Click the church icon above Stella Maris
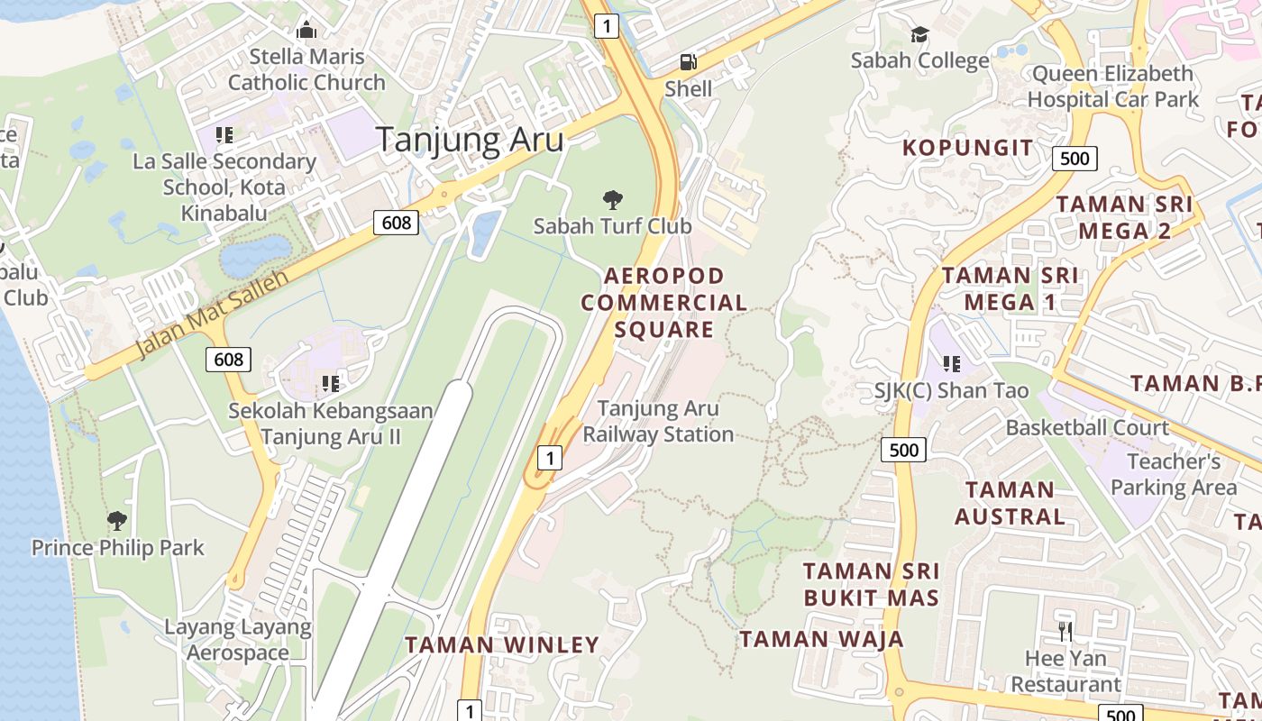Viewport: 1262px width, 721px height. [306, 30]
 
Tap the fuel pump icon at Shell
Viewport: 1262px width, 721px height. [688, 62]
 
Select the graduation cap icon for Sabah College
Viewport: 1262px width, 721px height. [919, 34]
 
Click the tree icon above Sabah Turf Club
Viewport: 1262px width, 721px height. [613, 199]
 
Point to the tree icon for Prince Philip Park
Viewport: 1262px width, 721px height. [116, 520]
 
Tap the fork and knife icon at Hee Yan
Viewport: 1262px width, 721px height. [1065, 631]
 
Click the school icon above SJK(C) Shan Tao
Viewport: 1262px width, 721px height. [951, 364]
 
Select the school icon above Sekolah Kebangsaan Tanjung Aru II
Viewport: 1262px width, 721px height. [330, 384]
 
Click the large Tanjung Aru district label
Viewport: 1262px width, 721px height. [469, 140]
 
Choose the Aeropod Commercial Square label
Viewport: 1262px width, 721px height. [664, 303]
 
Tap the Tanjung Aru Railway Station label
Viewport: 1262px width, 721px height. [658, 422]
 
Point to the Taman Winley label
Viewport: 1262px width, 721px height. [501, 644]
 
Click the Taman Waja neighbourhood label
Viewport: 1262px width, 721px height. [821, 639]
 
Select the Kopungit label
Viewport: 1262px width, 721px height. [967, 148]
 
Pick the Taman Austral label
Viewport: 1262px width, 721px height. [1010, 503]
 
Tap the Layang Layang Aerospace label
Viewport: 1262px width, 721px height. [238, 640]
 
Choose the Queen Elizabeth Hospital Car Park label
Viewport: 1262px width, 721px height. [1114, 87]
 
